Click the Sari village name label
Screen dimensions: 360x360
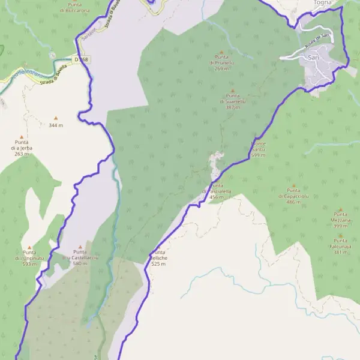tap(312, 57)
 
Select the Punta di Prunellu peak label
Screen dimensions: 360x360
tap(221, 62)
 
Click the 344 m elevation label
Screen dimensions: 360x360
tap(56, 125)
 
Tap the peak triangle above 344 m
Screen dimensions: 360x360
tap(56, 118)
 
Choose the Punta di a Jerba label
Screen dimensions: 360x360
tap(21, 148)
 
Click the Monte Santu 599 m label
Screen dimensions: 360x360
tap(258, 149)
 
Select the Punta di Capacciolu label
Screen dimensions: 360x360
tap(293, 196)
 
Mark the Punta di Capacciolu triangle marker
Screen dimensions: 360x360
tap(293, 186)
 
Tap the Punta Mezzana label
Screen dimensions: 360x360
tap(340, 220)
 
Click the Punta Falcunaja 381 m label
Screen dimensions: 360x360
tap(340, 246)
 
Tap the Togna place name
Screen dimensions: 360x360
tap(323, 3)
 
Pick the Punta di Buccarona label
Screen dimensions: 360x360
tap(79, 8)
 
